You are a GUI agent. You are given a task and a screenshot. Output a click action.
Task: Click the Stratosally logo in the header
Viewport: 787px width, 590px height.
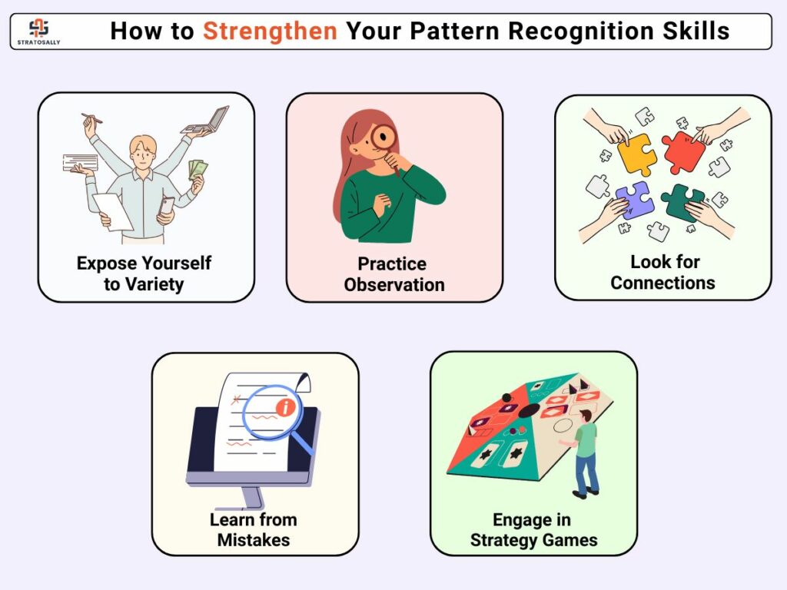(38, 31)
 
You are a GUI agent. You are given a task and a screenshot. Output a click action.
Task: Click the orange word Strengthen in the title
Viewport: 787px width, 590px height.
(270, 31)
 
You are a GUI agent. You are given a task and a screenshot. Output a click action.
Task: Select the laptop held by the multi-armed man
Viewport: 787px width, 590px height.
(206, 121)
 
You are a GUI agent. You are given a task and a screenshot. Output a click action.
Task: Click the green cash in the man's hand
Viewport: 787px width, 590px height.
(198, 169)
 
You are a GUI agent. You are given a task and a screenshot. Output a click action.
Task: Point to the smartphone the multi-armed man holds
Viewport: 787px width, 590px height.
(166, 207)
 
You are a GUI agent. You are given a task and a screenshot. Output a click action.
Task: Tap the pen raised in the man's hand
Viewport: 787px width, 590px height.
(92, 118)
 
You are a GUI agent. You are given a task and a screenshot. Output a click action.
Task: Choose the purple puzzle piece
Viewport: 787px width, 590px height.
(634, 199)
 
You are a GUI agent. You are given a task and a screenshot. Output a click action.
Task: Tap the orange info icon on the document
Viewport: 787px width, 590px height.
(286, 406)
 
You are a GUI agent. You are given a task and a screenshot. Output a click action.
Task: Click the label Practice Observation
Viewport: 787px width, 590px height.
(394, 274)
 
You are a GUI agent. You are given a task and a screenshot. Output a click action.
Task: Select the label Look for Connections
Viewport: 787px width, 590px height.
(663, 272)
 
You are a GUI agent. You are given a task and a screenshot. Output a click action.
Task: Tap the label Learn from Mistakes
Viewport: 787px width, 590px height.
(254, 529)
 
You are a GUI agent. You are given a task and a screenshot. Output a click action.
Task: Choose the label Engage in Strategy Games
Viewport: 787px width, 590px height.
(533, 530)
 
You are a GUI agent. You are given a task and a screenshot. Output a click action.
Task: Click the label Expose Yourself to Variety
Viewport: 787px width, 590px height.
(144, 273)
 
